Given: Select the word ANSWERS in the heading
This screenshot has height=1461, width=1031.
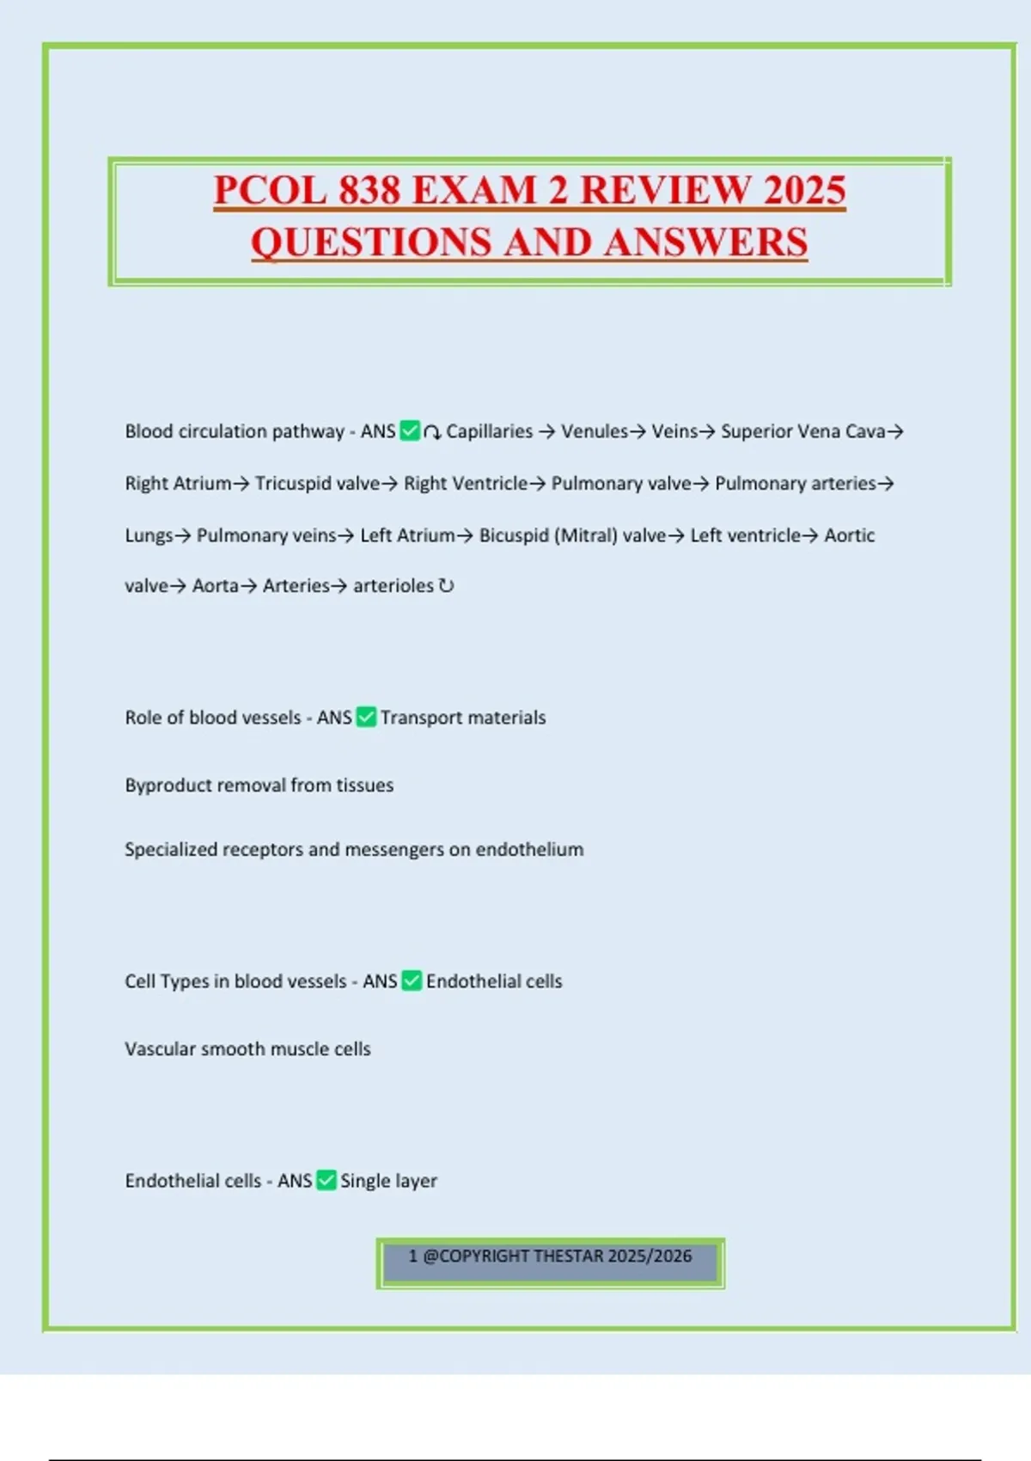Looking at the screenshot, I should [x=705, y=241].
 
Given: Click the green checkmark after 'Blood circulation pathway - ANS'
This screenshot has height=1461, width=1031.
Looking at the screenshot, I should [x=411, y=431].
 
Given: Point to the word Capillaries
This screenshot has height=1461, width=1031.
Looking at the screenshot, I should [x=489, y=431].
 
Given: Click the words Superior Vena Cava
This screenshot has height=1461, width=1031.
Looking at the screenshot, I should [x=802, y=431].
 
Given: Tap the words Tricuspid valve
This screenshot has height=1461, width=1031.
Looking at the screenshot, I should [x=317, y=483].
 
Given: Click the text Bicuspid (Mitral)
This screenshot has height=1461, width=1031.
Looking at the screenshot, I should [x=548, y=535].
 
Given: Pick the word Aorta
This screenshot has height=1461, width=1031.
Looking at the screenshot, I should [x=215, y=586].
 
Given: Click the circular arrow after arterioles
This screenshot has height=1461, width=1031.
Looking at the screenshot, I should [x=446, y=586].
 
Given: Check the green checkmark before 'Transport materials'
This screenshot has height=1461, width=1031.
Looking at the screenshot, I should [x=366, y=717].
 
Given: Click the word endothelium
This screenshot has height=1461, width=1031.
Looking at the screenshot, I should [x=529, y=850].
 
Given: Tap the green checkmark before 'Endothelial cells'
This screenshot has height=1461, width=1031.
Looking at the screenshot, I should [x=412, y=981].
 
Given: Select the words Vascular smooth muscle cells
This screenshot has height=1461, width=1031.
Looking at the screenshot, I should [x=247, y=1049].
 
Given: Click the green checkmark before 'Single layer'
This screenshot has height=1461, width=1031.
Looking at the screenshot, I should [x=326, y=1180].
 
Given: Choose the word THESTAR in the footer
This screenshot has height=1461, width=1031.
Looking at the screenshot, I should [x=568, y=1256].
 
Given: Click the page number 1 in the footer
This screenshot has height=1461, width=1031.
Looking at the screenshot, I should [x=413, y=1256].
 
